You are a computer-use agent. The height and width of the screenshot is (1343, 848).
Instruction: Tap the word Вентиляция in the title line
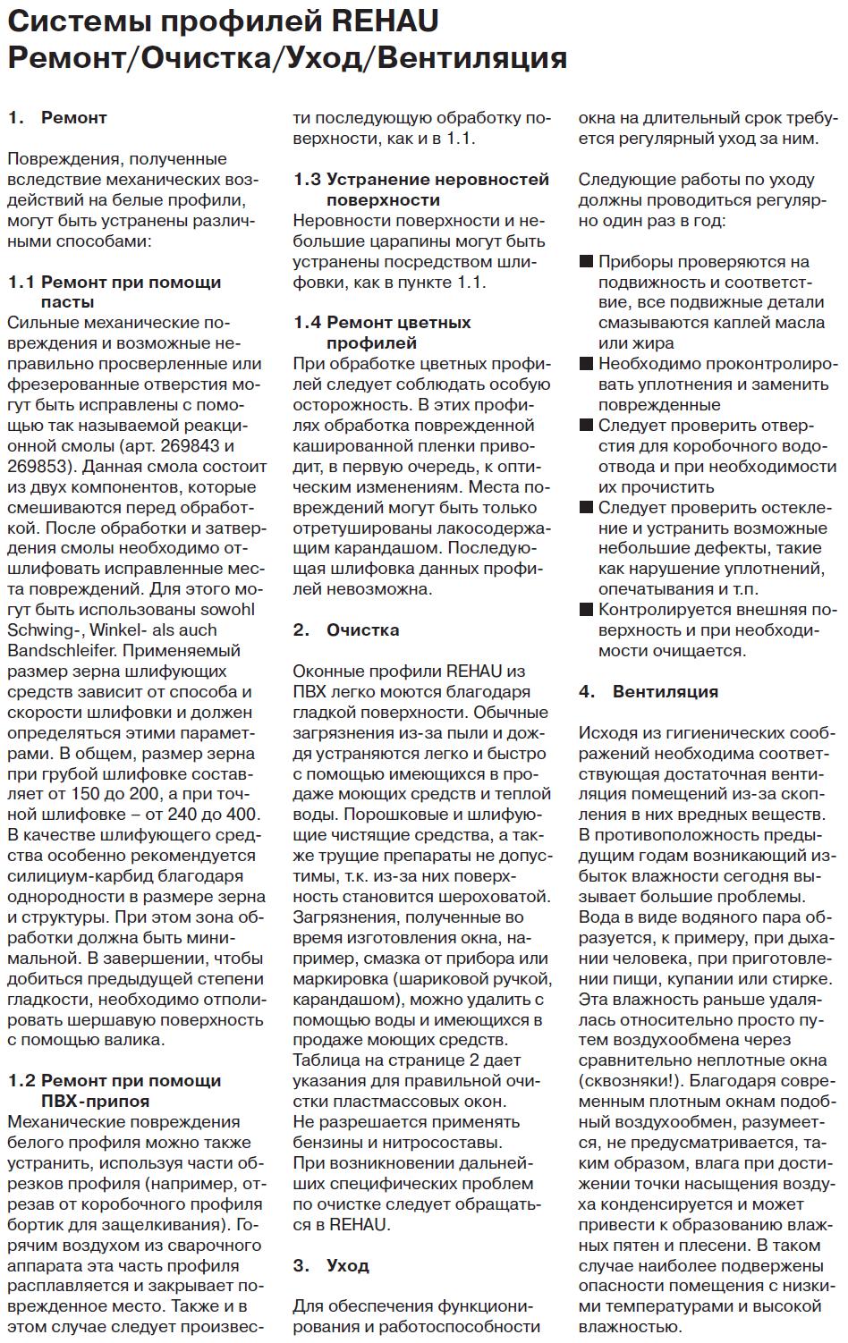point(471,57)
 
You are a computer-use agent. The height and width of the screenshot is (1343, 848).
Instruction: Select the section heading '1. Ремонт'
point(57,117)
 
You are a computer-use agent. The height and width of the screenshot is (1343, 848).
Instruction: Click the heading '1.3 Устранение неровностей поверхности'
point(421,189)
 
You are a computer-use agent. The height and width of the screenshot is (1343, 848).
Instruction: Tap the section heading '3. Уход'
point(331,1265)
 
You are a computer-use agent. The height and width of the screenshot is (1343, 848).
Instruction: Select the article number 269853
point(36,466)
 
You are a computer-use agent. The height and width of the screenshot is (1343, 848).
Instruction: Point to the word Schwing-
point(42,629)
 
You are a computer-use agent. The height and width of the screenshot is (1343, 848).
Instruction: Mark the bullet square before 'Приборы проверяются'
point(586,262)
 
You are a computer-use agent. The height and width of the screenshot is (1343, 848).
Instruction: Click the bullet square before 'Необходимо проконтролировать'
point(586,364)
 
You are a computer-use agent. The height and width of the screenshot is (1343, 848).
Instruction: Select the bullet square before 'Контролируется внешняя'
point(586,610)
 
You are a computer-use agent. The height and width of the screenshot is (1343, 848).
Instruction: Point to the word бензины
point(329,1142)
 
